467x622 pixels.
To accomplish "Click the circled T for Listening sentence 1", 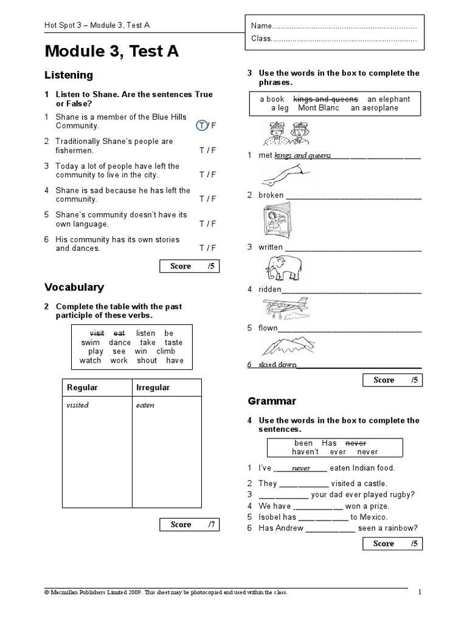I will pyautogui.click(x=202, y=126).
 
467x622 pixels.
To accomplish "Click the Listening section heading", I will pyautogui.click(x=69, y=75).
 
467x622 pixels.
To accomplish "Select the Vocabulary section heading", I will pyautogui.click(x=74, y=287).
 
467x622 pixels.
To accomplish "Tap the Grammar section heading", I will pyautogui.click(x=272, y=401).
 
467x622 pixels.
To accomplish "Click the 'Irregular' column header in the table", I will pyautogui.click(x=153, y=388).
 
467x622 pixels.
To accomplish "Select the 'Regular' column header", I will pyautogui.click(x=82, y=388).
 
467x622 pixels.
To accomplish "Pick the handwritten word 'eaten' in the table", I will pyautogui.click(x=145, y=405).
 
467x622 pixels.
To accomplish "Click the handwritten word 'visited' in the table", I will pyautogui.click(x=78, y=405).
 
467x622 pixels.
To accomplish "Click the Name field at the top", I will pyautogui.click(x=334, y=27).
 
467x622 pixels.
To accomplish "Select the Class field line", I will pyautogui.click(x=334, y=39).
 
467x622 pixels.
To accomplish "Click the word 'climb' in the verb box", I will pyautogui.click(x=165, y=351).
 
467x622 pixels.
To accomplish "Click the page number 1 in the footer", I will pyautogui.click(x=420, y=592).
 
